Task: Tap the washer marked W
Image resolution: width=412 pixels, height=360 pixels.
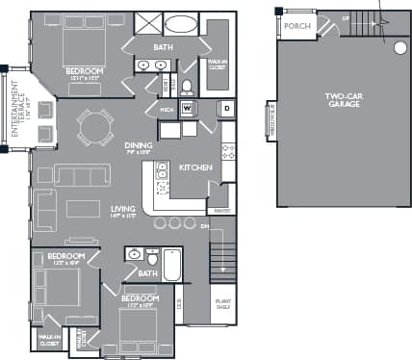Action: click(187, 108)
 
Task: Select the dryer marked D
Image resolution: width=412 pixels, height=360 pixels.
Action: click(226, 108)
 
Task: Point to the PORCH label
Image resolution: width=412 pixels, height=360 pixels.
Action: click(298, 26)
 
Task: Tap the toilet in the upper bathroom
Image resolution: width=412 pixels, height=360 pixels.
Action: click(187, 87)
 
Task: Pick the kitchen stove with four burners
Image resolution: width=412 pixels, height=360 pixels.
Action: click(228, 151)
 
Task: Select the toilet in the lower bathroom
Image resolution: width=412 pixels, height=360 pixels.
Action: click(152, 259)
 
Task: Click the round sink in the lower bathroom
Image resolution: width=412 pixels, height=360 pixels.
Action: click(134, 254)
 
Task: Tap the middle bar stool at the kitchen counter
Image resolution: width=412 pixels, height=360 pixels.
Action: click(174, 222)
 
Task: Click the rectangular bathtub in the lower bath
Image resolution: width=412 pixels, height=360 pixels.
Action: click(172, 264)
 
